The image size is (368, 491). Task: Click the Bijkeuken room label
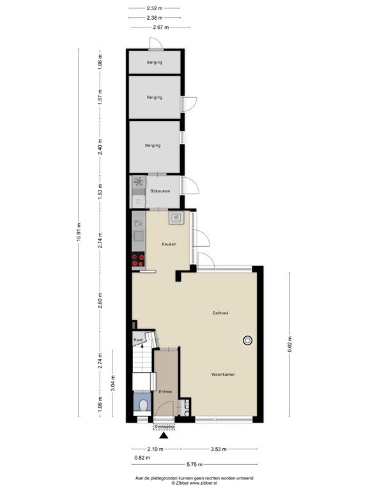pos(160,191)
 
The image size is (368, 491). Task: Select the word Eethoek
pos(220,313)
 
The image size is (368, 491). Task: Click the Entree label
pos(165,391)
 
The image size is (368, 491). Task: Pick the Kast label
pos(137,340)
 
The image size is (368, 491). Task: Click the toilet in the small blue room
pos(142,405)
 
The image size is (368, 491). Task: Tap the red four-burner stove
pos(138,260)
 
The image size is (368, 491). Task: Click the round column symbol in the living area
pos(247,341)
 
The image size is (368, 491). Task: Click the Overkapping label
pos(164,426)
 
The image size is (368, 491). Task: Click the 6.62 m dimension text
pos(289,345)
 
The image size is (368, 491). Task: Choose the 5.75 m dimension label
pos(195,465)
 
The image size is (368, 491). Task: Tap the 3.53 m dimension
pos(220,449)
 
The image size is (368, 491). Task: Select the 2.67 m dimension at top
pos(159,27)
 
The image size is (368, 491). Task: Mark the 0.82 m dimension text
pos(142,457)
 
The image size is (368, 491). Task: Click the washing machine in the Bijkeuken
pos(138,182)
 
